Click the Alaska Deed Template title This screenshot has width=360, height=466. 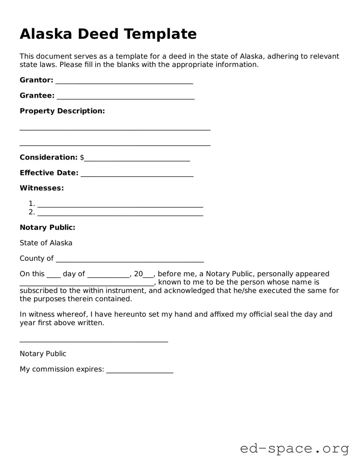point(108,34)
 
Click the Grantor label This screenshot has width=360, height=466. point(36,80)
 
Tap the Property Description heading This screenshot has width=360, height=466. point(62,111)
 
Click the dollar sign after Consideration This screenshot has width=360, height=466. point(82,157)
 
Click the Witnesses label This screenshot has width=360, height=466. point(42,188)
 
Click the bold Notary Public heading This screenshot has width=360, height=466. point(47,227)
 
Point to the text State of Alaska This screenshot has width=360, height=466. point(46,243)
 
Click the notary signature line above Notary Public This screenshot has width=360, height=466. point(94,341)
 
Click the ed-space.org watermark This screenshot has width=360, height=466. point(294,449)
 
